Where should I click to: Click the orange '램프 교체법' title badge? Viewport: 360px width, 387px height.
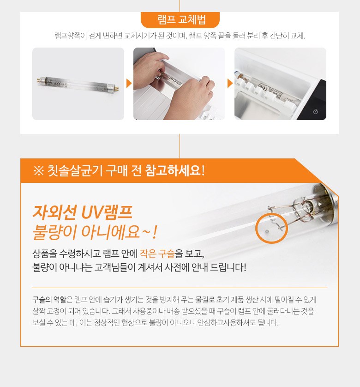tap(180, 20)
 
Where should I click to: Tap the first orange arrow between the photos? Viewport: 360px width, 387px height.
tap(129, 84)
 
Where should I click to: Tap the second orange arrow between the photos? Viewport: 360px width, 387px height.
tap(230, 84)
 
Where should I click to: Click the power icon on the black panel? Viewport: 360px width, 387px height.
tap(315, 112)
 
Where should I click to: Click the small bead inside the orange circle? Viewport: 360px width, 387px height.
tap(267, 231)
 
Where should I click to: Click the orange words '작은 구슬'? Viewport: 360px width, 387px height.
tap(157, 254)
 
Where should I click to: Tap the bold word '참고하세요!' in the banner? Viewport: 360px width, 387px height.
tap(175, 170)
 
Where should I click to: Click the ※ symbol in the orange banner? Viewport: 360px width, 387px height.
tap(38, 170)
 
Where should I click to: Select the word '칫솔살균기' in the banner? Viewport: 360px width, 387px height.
tap(75, 170)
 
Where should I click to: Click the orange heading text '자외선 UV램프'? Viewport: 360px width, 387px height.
tap(83, 212)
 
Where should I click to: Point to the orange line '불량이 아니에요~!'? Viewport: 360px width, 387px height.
tap(95, 232)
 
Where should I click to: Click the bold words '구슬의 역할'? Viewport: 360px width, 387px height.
tap(49, 300)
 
